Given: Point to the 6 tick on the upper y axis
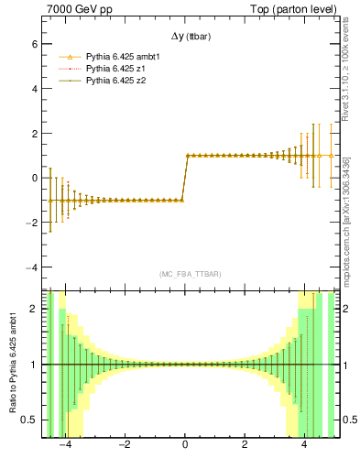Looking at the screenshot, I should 33,44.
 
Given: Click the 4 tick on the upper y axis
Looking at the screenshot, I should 33,89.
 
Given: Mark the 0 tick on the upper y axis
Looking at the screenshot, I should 33,178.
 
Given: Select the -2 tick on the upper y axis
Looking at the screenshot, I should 31,223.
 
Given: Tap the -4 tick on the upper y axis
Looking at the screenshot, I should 31,267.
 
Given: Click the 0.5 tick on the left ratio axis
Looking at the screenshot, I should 29,420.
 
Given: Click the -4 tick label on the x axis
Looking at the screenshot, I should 64,444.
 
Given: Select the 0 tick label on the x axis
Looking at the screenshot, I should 185,444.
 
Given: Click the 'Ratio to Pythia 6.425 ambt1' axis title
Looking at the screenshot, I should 12,365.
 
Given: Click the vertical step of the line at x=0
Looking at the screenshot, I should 185,178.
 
